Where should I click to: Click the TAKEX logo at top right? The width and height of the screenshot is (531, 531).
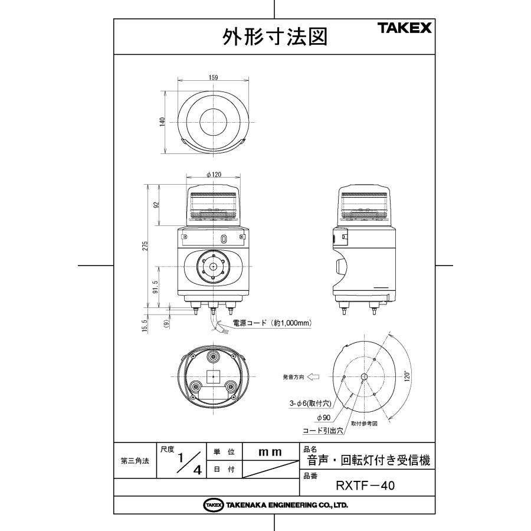click(405, 28)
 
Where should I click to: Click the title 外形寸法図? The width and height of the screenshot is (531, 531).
click(274, 37)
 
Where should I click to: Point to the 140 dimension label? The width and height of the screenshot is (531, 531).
click(161, 122)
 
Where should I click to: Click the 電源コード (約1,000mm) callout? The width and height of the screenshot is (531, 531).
click(272, 323)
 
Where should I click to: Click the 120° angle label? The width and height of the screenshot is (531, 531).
click(406, 376)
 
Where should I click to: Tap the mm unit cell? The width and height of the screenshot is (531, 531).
click(270, 452)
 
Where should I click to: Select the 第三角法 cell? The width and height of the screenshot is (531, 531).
click(135, 461)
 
